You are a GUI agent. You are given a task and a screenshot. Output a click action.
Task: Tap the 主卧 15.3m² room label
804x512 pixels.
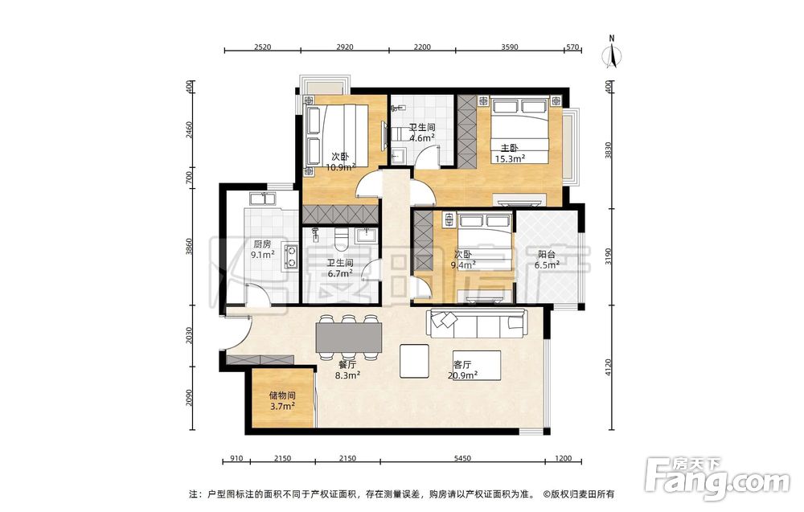509,154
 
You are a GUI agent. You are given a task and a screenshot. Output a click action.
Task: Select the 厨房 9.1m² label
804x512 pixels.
262,249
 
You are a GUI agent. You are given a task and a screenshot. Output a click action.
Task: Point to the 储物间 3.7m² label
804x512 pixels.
282,401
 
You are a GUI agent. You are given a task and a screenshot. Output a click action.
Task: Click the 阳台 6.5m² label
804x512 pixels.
547,260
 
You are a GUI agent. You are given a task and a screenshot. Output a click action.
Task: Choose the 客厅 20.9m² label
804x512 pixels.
462,370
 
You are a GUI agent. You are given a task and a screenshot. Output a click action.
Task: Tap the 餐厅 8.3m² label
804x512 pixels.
347,370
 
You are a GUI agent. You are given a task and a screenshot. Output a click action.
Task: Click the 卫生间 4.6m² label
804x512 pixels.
422,133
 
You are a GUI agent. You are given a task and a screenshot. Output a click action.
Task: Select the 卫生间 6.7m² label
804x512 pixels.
340,268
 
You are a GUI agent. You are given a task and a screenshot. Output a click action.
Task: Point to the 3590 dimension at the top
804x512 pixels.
510,47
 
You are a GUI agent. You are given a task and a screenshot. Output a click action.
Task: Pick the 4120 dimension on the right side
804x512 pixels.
609,367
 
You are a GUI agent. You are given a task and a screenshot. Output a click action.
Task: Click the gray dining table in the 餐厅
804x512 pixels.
349,338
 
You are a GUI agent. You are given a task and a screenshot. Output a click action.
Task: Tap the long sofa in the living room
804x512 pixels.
476,325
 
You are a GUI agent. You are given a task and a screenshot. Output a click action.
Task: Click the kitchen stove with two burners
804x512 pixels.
291,256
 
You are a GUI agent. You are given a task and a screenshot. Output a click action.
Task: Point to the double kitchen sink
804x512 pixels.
262,199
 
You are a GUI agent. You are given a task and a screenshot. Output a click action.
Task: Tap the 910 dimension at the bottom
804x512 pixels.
237,459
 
